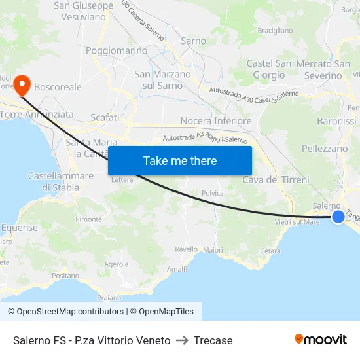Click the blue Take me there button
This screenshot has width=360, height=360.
point(180,160)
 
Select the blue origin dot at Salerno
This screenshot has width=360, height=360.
point(338,217)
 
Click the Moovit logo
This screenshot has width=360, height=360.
point(320,340)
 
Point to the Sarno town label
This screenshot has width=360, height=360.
point(193,41)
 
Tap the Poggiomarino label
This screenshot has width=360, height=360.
point(117,50)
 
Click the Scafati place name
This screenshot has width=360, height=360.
point(105,117)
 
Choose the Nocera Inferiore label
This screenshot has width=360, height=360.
point(215,121)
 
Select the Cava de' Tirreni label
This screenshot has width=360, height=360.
point(276,179)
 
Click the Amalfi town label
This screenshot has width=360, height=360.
point(177,269)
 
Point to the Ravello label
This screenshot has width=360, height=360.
point(187,249)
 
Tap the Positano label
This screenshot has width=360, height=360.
point(65,276)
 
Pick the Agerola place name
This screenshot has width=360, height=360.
point(117,264)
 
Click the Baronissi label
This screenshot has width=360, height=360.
point(336,121)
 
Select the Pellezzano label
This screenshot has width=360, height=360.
point(325,149)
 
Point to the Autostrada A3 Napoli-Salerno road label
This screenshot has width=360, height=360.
point(205,139)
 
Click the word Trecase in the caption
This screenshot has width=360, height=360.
point(213,340)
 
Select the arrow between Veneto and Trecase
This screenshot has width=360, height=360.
point(182,340)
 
